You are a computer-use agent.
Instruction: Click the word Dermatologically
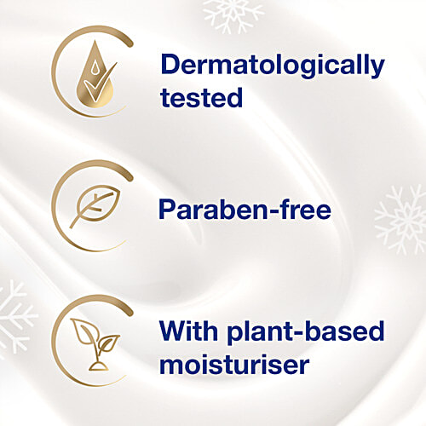[x=273, y=66]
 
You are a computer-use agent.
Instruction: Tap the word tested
[x=201, y=98]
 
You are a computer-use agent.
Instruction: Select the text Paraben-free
[x=245, y=209]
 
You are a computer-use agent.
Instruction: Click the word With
[x=190, y=331]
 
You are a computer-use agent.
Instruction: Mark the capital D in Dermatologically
[x=170, y=65]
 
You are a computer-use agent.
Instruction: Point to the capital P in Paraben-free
[x=169, y=209]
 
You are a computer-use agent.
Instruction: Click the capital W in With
[x=176, y=331]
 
